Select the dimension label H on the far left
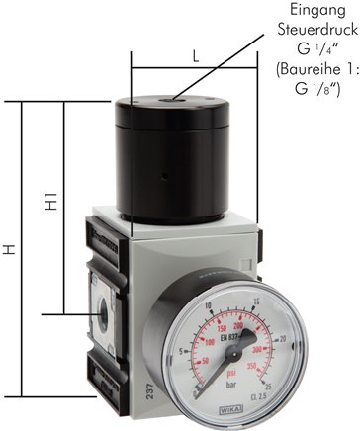pos(10,252)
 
